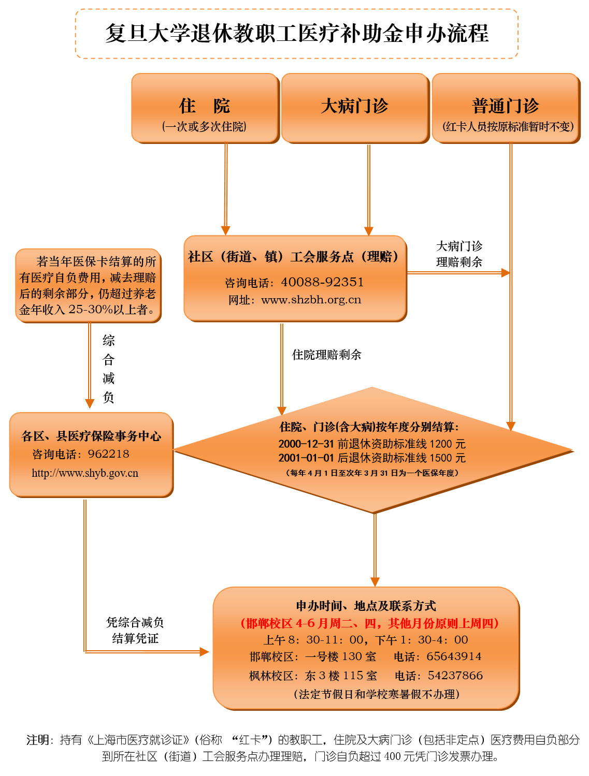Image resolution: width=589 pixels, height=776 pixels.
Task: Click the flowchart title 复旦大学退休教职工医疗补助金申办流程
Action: click(x=297, y=34)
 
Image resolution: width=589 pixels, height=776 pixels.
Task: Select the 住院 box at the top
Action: click(x=205, y=108)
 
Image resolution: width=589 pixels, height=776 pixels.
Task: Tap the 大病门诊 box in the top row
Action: click(x=355, y=107)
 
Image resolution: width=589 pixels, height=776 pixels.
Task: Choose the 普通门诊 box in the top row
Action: click(x=506, y=108)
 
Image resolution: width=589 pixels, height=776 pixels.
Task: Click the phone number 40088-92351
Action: click(x=322, y=282)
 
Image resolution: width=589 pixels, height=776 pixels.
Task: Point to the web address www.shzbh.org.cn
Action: click(x=311, y=300)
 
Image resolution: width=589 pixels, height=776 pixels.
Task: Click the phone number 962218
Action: click(x=109, y=454)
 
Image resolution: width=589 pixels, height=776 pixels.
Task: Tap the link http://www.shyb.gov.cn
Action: click(x=85, y=473)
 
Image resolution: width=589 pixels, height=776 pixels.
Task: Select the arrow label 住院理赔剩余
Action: click(x=326, y=355)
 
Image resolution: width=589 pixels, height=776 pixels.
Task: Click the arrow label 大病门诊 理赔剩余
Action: click(x=459, y=254)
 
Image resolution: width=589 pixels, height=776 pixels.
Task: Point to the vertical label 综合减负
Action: click(x=108, y=369)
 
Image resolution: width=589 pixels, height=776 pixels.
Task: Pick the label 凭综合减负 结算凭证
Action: click(x=135, y=630)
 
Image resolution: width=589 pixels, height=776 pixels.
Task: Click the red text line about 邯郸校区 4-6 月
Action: click(x=369, y=623)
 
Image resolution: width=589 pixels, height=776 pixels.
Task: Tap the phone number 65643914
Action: click(x=454, y=656)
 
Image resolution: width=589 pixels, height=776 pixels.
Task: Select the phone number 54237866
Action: click(x=455, y=676)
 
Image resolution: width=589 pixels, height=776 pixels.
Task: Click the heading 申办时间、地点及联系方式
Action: click(x=366, y=606)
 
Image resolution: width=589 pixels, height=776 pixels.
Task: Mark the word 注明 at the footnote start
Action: click(x=38, y=740)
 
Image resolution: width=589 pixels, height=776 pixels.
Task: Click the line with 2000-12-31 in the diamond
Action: click(x=371, y=444)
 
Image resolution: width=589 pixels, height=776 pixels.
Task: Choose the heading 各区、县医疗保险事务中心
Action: click(x=91, y=436)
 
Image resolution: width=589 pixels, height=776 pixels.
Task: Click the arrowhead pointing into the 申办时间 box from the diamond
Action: click(x=375, y=581)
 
